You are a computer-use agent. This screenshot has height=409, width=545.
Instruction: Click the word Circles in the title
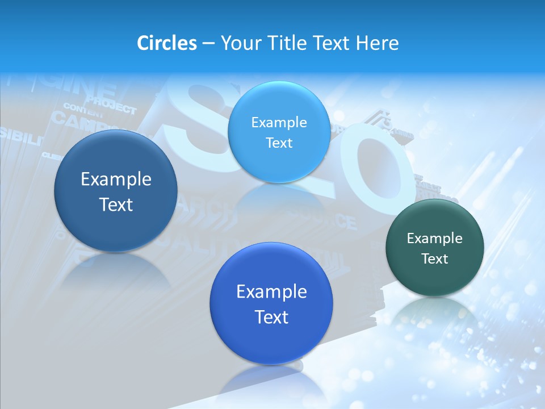click(x=166, y=43)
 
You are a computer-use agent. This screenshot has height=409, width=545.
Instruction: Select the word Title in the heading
click(x=286, y=43)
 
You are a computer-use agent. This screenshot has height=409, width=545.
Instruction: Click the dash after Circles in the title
click(x=208, y=44)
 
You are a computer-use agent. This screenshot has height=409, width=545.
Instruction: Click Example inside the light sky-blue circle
click(x=279, y=122)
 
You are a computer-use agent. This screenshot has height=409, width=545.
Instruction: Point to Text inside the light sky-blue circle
click(x=279, y=143)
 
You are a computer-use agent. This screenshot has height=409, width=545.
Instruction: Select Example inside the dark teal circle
click(x=435, y=238)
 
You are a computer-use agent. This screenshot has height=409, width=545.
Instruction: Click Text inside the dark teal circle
click(x=435, y=258)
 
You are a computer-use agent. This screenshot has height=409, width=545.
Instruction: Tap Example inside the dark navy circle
click(x=116, y=179)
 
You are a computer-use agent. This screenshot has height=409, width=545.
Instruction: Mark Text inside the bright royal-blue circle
click(x=271, y=316)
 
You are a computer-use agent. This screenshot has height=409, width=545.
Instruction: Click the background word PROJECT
click(x=111, y=106)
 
